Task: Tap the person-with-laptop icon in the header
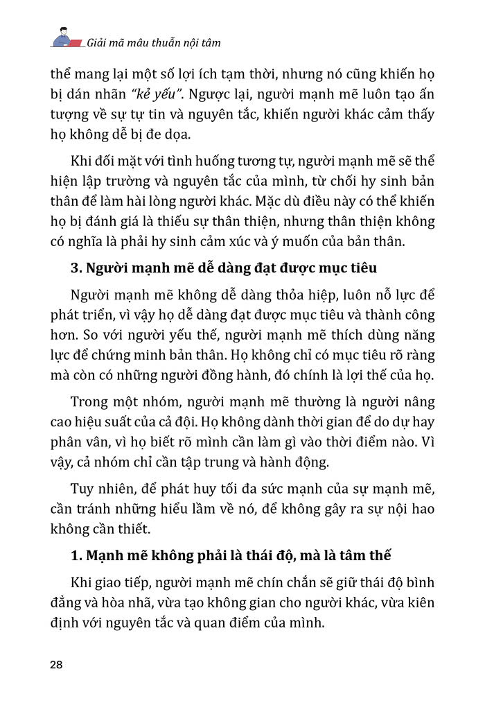64,38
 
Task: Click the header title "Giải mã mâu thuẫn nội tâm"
154,42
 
